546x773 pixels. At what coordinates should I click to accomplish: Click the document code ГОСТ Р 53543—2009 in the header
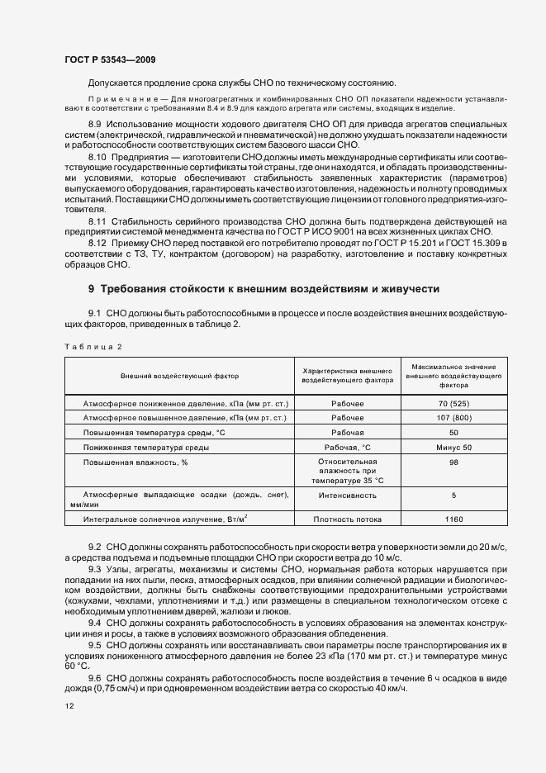pyautogui.click(x=109, y=60)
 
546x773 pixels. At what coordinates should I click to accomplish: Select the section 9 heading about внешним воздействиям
pyautogui.click(x=264, y=289)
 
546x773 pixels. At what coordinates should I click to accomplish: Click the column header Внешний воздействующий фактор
pyautogui.click(x=179, y=376)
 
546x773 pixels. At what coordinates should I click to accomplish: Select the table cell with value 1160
pyautogui.click(x=453, y=519)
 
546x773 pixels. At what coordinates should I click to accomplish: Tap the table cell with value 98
pyautogui.click(x=453, y=462)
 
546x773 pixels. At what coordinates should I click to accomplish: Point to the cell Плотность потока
pyautogui.click(x=348, y=519)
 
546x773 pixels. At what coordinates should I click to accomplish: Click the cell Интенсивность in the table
pyautogui.click(x=348, y=496)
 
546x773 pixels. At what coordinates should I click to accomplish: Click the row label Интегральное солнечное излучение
pyautogui.click(x=165, y=519)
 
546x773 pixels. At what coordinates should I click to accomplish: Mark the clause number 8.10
pyautogui.click(x=97, y=157)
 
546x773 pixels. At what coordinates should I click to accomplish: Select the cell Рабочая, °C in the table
pyautogui.click(x=348, y=447)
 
